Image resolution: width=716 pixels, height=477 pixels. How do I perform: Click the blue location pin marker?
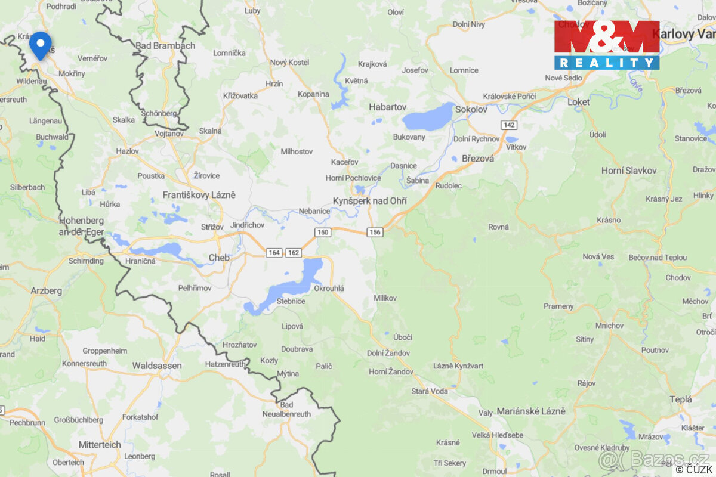(40, 45)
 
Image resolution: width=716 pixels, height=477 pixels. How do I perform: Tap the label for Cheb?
(219, 258)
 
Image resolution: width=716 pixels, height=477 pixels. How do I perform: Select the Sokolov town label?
(471, 110)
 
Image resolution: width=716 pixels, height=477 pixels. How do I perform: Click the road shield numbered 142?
(509, 125)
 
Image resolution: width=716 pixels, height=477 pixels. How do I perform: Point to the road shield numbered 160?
(323, 232)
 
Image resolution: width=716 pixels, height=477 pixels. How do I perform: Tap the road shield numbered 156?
(375, 232)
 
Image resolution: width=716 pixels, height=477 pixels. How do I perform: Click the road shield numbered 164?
(274, 253)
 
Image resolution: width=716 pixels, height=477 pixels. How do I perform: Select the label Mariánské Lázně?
(531, 411)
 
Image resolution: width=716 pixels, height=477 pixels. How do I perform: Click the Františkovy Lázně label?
(199, 195)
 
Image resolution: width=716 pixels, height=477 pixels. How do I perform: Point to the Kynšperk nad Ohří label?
(370, 201)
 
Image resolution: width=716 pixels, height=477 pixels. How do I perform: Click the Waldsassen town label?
(157, 366)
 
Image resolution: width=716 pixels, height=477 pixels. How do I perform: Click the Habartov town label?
(387, 107)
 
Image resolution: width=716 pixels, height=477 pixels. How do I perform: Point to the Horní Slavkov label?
(629, 171)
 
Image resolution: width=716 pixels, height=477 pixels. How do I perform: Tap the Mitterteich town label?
(100, 445)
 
